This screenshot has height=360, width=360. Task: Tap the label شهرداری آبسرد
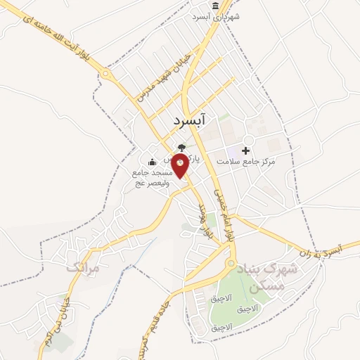pos(218,16)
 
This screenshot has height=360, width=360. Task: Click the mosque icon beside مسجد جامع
pos(153,162)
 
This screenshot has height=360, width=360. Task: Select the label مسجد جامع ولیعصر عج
pos(150,177)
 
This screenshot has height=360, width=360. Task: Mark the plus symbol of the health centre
pos(245,150)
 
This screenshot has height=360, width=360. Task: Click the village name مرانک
pos(84,268)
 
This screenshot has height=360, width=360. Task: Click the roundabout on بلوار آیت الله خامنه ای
pos(106,73)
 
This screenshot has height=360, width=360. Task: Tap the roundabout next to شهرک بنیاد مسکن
pos(231,264)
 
